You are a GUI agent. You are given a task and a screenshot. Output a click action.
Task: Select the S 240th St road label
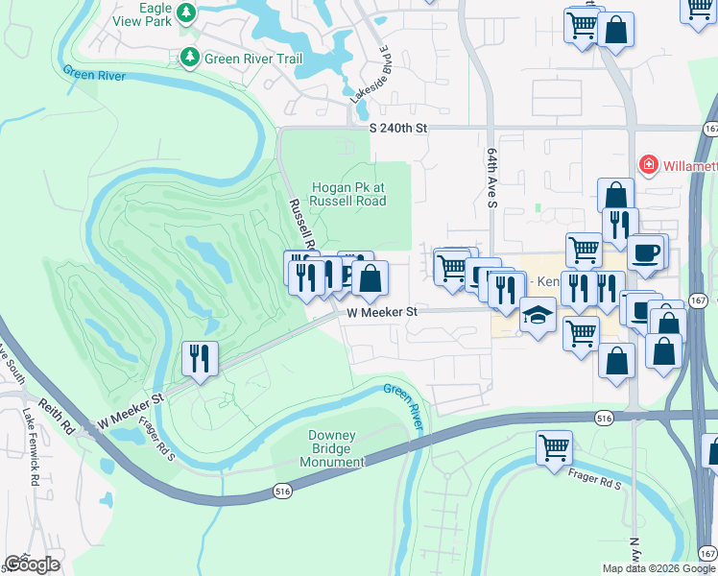pos(397,127)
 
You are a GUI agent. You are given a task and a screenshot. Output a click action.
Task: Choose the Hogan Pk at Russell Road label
pos(348,194)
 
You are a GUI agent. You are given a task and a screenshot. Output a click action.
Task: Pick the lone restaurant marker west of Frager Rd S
pos(200,358)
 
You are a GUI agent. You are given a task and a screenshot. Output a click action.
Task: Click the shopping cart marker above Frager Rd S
pos(555,446)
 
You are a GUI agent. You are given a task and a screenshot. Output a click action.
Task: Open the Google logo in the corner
pos(31,564)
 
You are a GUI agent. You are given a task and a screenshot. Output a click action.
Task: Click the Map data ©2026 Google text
pos(658,568)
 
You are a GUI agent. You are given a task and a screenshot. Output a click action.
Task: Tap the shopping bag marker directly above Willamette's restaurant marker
pos(615,196)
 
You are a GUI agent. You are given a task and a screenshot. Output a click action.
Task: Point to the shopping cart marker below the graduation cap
pos(581,334)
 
